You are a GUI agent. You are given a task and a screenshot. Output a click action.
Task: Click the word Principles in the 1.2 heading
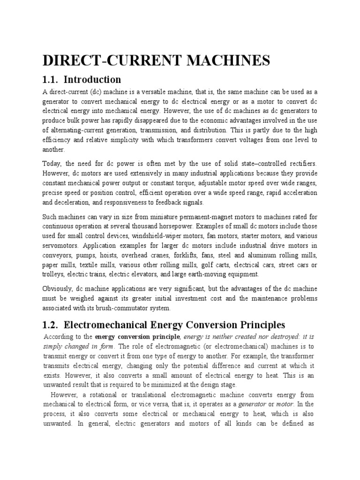tap(257, 325)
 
